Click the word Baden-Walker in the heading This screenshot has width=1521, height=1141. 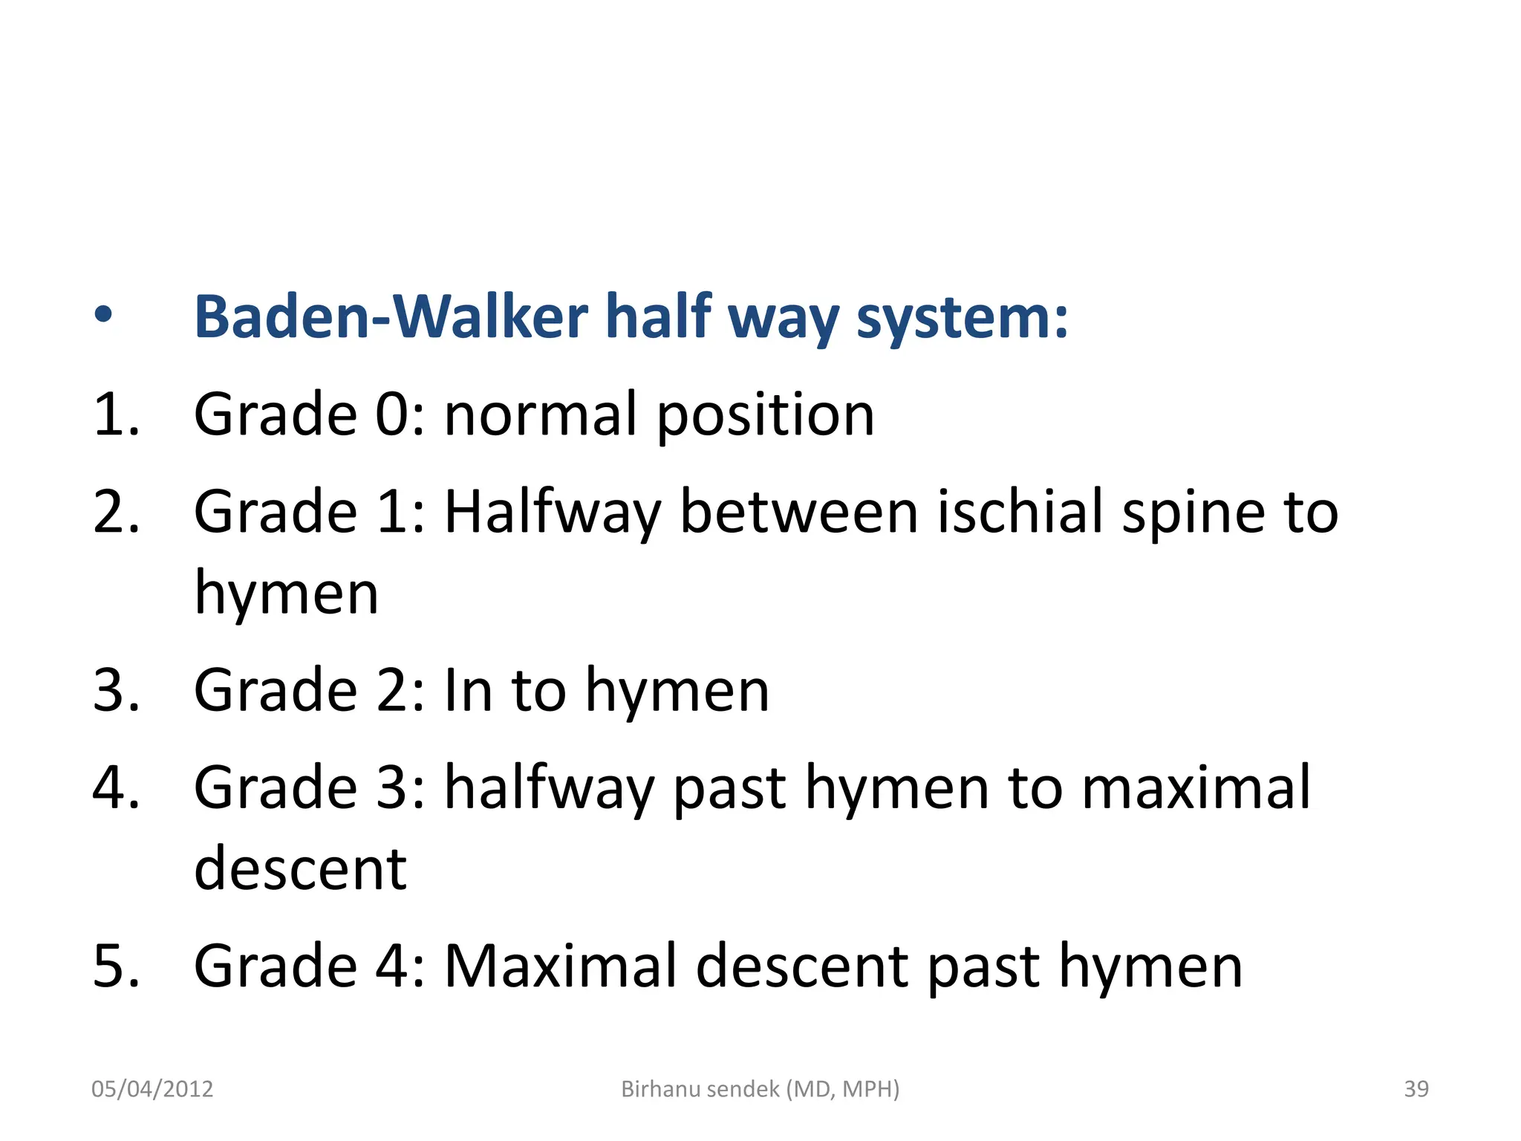(392, 317)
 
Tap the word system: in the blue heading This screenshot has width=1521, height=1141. (962, 319)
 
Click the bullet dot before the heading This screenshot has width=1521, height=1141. (103, 316)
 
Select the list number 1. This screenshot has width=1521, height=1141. (116, 415)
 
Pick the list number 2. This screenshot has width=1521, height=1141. (116, 512)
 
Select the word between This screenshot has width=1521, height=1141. (799, 512)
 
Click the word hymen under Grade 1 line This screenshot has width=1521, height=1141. (286, 594)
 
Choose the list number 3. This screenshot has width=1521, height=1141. (116, 690)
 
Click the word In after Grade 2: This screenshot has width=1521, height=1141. (468, 690)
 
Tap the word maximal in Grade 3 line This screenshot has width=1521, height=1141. (1196, 787)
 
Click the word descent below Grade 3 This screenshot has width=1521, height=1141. (300, 869)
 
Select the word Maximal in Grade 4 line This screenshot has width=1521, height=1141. (561, 966)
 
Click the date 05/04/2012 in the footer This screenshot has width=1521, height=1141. (152, 1089)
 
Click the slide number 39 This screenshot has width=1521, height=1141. (1416, 1089)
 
